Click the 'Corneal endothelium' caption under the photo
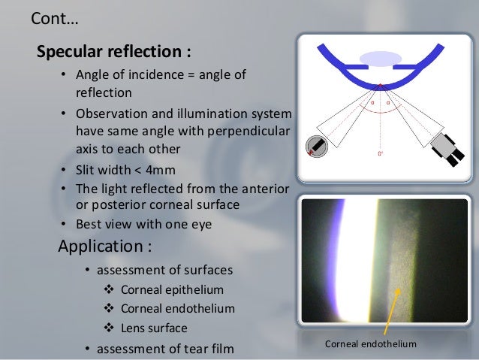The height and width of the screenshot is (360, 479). (x=369, y=344)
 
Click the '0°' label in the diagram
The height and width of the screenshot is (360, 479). (x=381, y=154)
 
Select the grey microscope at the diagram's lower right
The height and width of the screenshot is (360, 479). (x=448, y=144)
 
